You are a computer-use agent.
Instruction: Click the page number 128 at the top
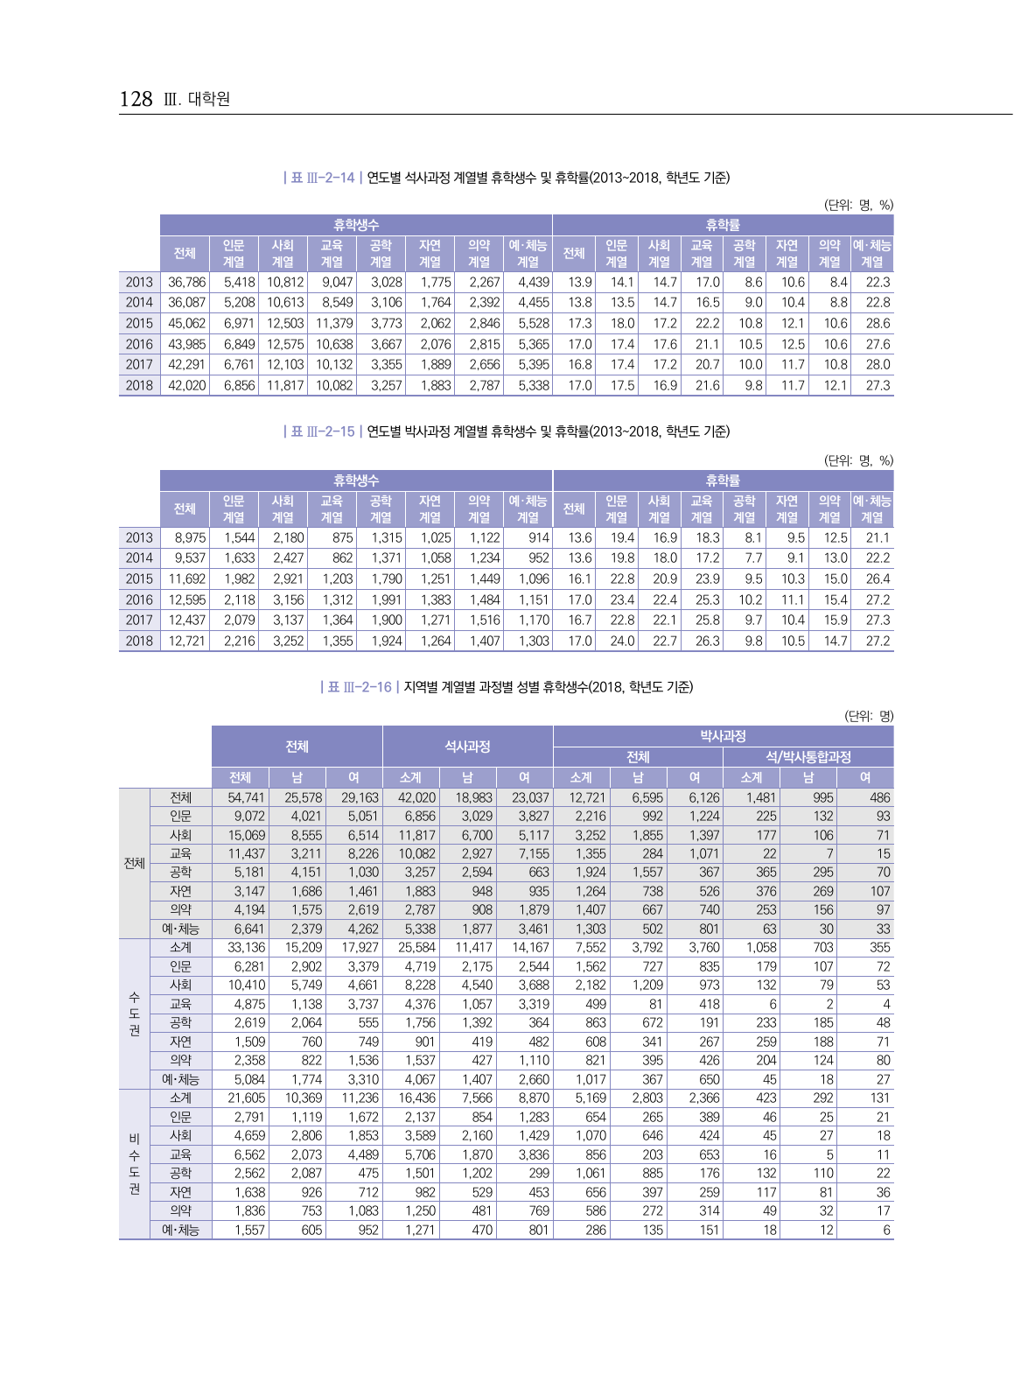tap(136, 99)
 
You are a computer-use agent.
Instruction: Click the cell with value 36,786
tap(186, 282)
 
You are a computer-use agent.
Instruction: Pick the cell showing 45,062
tap(186, 323)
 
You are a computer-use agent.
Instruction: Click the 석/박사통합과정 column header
tap(808, 757)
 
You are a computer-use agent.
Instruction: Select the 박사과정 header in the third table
tap(723, 736)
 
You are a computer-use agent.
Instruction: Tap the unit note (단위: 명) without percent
tap(868, 716)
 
